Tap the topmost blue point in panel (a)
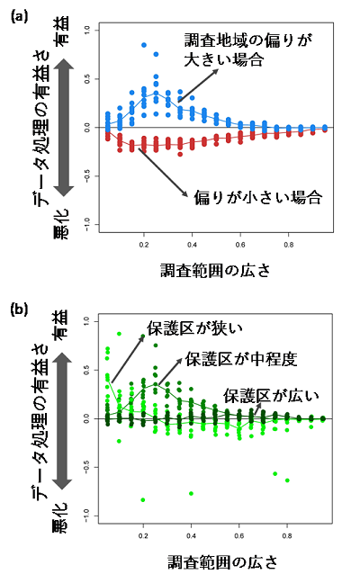(144, 45)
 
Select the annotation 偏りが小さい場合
(257, 195)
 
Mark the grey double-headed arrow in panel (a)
(60, 125)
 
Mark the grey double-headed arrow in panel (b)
(61, 417)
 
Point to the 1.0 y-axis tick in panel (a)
(87, 31)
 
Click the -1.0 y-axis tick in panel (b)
(87, 514)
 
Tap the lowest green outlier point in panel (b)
(143, 499)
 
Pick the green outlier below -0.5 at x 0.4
(192, 493)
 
